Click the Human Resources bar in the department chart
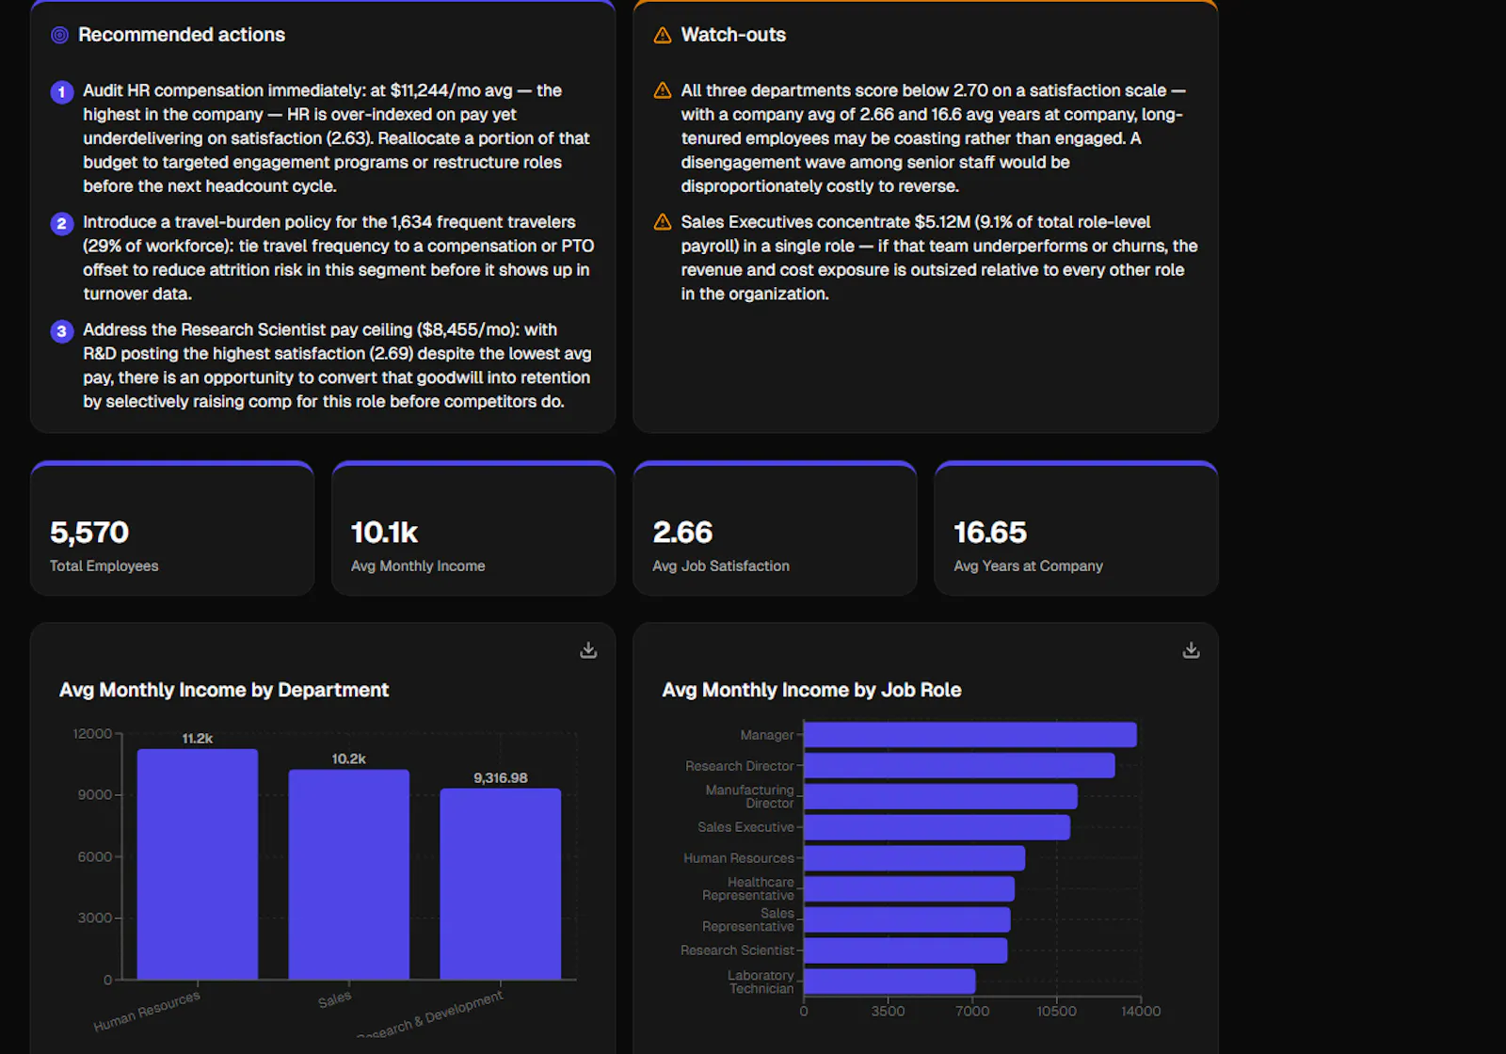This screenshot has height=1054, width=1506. click(x=197, y=864)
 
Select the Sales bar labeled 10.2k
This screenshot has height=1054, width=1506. click(x=348, y=874)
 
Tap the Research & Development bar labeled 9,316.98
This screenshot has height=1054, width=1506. click(x=500, y=884)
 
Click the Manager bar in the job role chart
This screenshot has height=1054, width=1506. click(x=970, y=735)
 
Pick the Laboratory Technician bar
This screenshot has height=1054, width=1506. click(x=889, y=982)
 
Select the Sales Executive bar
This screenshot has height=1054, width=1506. click(x=937, y=827)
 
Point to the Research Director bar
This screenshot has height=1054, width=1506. click(x=959, y=766)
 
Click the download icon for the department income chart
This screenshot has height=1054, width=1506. click(x=588, y=650)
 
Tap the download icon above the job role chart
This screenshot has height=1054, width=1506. click(x=1191, y=650)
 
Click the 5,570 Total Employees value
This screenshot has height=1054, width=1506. click(x=89, y=533)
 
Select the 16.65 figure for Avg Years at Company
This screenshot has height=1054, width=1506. click(x=990, y=533)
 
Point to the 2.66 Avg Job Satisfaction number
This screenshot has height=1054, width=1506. click(x=682, y=533)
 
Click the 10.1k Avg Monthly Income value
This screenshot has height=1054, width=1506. click(x=385, y=533)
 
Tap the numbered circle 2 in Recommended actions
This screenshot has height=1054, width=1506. click(x=62, y=223)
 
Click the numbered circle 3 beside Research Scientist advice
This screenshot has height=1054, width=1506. click(x=62, y=330)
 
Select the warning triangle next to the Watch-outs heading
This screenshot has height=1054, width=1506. click(x=663, y=35)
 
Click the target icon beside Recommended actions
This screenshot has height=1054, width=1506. click(x=60, y=35)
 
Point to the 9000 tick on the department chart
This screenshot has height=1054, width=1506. click(x=95, y=794)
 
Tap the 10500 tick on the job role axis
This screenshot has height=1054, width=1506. click(x=1056, y=1011)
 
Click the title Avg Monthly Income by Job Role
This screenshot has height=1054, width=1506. click(x=811, y=690)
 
